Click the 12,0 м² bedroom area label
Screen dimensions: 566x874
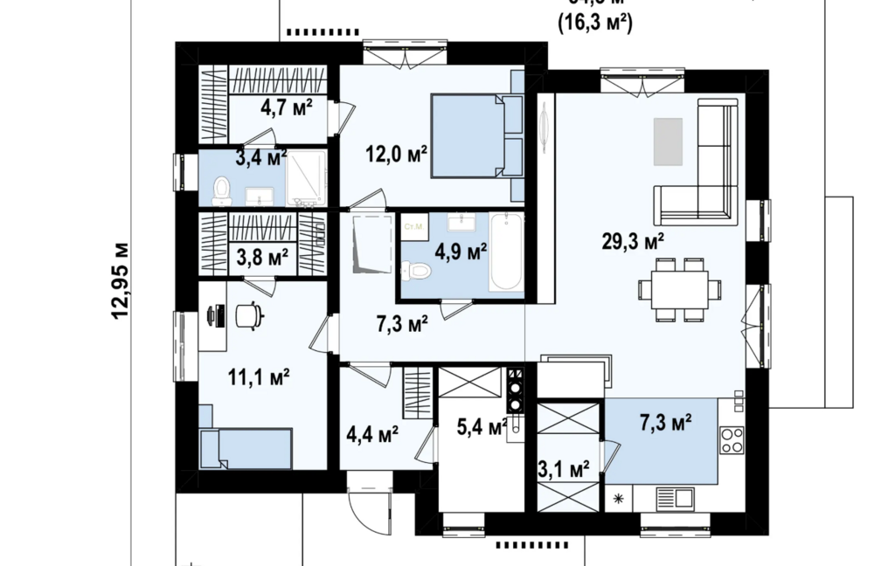[396, 155]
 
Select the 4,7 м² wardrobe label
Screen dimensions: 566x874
[286, 108]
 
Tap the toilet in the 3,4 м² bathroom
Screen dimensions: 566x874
[222, 190]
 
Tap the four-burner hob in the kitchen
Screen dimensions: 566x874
[731, 438]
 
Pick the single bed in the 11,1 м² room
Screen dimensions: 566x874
[246, 448]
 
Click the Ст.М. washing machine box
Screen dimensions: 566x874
[413, 228]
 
